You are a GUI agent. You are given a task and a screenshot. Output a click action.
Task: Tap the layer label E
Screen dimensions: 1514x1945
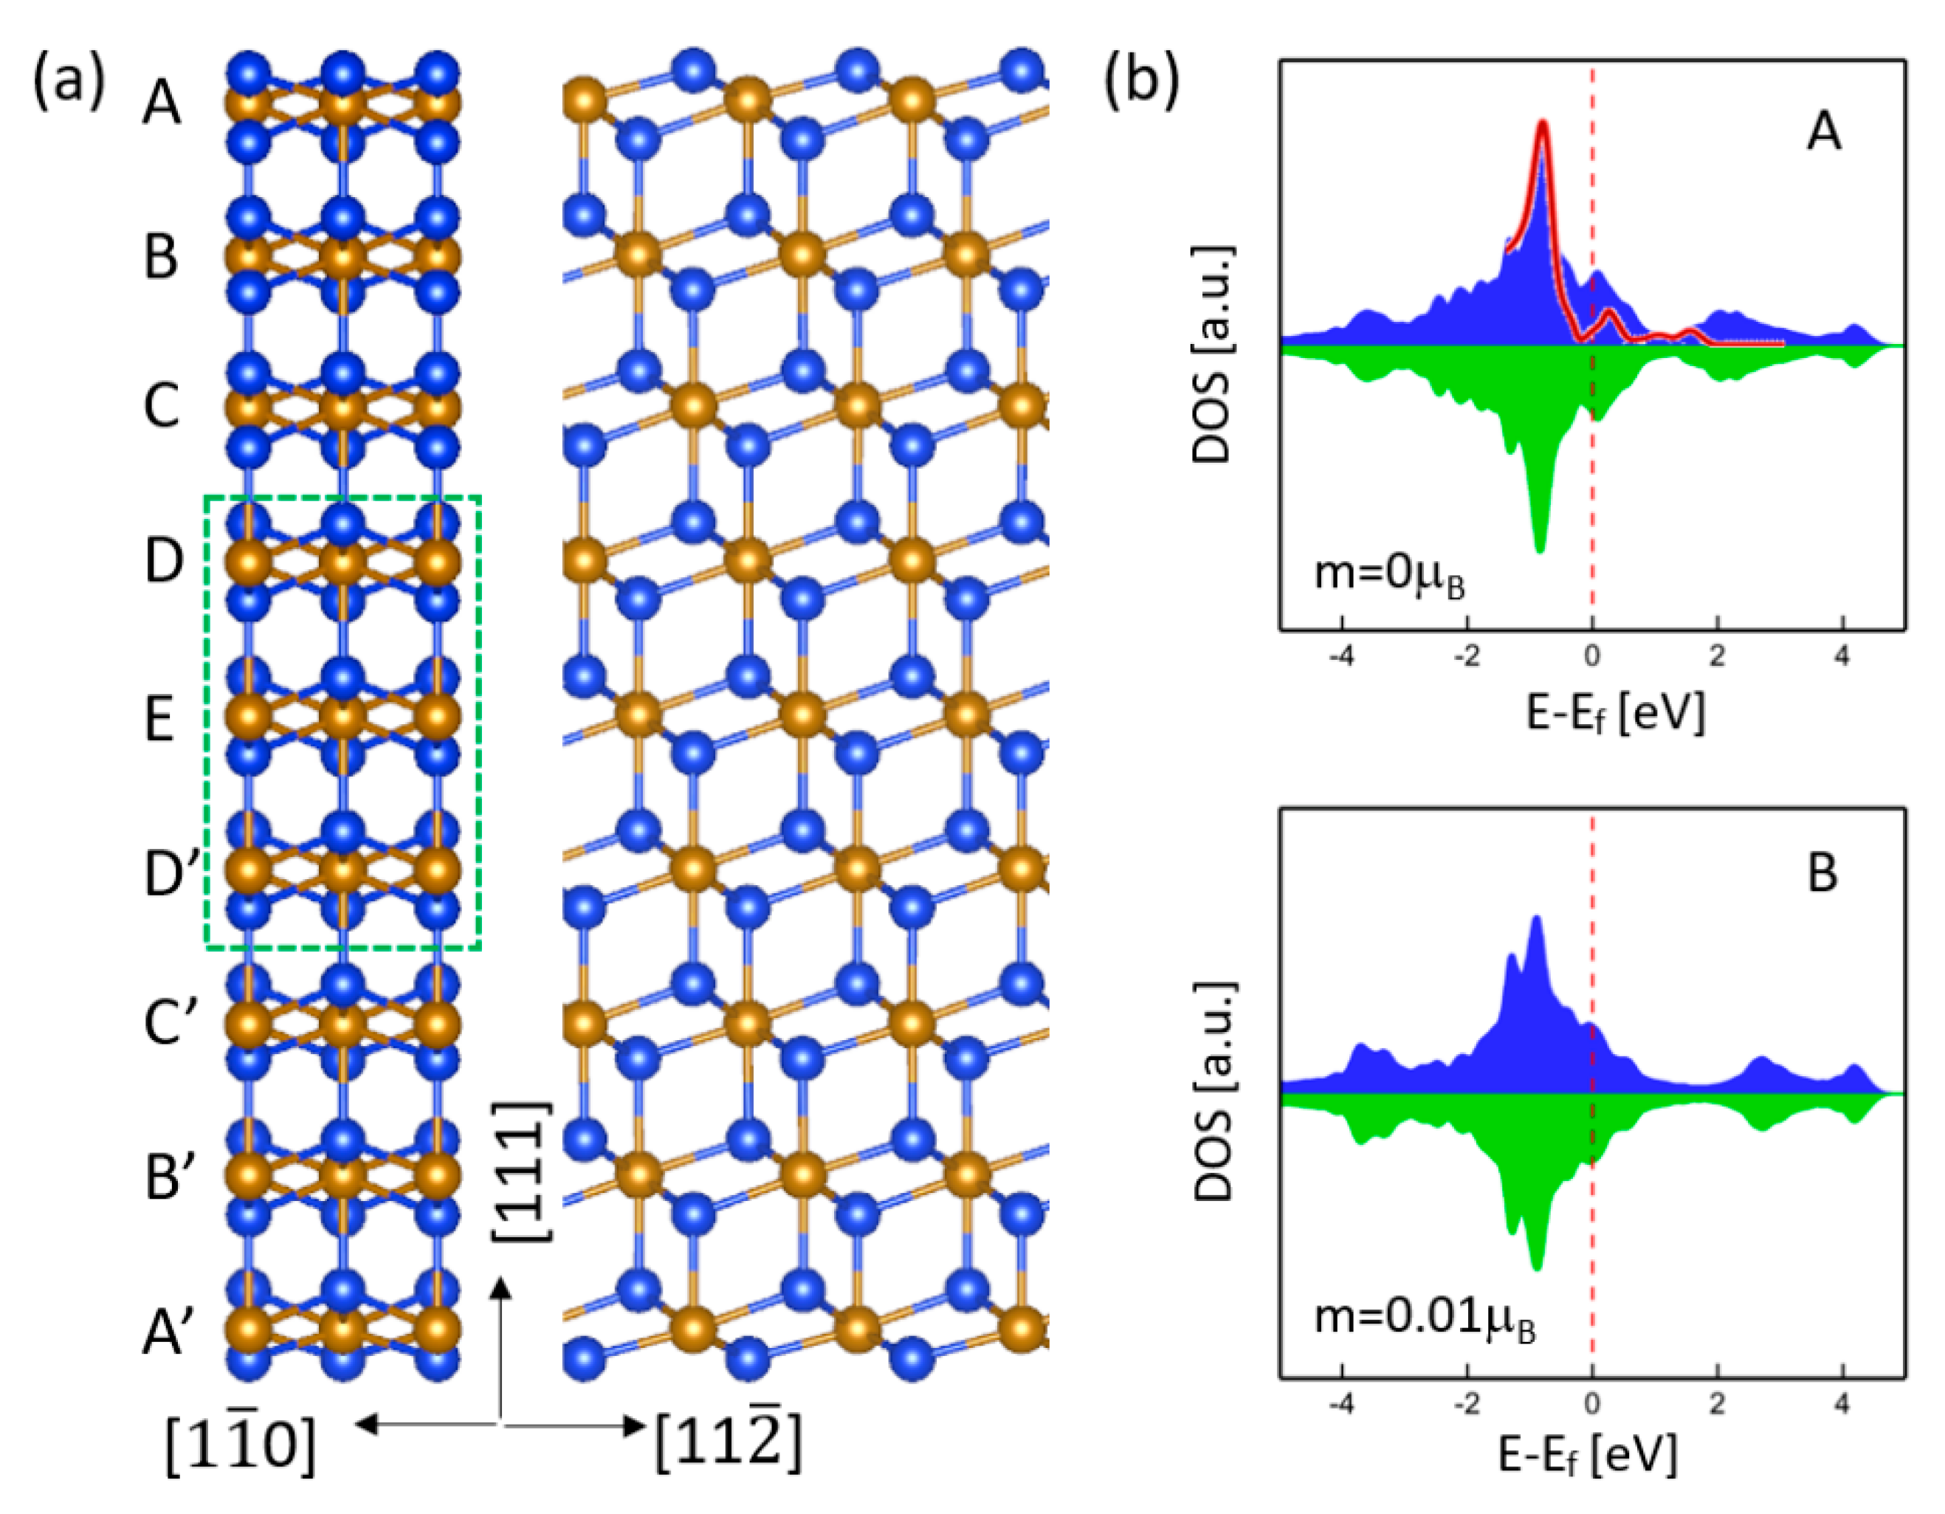159,720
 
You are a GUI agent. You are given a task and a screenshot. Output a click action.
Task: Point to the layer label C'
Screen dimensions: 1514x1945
170,1023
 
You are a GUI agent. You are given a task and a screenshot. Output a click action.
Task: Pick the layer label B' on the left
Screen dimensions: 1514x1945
170,1177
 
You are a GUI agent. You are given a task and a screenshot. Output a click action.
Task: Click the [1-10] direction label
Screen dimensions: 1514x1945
241,1445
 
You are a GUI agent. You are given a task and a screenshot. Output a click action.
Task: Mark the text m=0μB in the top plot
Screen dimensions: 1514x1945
1390,577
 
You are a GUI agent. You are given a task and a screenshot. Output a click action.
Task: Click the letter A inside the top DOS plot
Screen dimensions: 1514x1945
1822,133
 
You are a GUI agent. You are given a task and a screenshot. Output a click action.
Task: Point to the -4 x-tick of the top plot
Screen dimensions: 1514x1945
1341,657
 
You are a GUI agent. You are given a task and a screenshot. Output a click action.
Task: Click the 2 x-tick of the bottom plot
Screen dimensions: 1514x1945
1717,1405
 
